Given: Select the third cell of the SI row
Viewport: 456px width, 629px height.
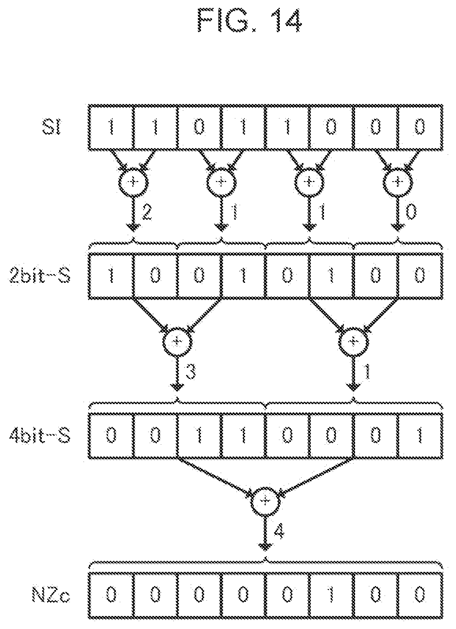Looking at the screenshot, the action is click(199, 127).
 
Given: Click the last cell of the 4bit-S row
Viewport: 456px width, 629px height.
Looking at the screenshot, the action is click(420, 436).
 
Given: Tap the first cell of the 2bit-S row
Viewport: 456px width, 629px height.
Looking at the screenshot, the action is click(111, 275).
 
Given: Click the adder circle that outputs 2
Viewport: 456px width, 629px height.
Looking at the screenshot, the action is click(133, 182).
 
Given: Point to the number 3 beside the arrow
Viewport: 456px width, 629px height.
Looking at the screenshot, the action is click(191, 371).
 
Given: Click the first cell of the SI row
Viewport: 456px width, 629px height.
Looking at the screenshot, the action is click(111, 127).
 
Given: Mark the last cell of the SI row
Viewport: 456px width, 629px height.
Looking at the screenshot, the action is click(420, 127).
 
